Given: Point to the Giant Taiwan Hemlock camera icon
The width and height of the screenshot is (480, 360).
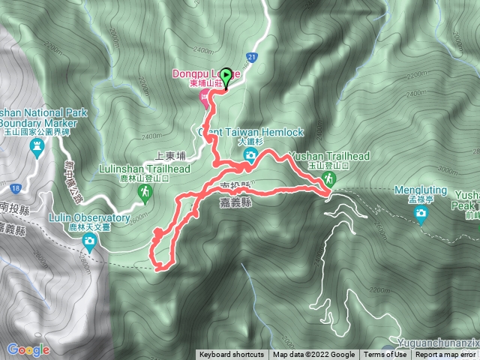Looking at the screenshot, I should click(250, 155).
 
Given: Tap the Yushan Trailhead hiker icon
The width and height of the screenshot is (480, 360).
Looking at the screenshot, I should click(328, 180).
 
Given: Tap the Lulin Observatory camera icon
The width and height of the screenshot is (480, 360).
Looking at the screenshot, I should click(90, 241).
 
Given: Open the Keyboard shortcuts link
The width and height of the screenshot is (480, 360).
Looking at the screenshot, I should click(231, 355).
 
